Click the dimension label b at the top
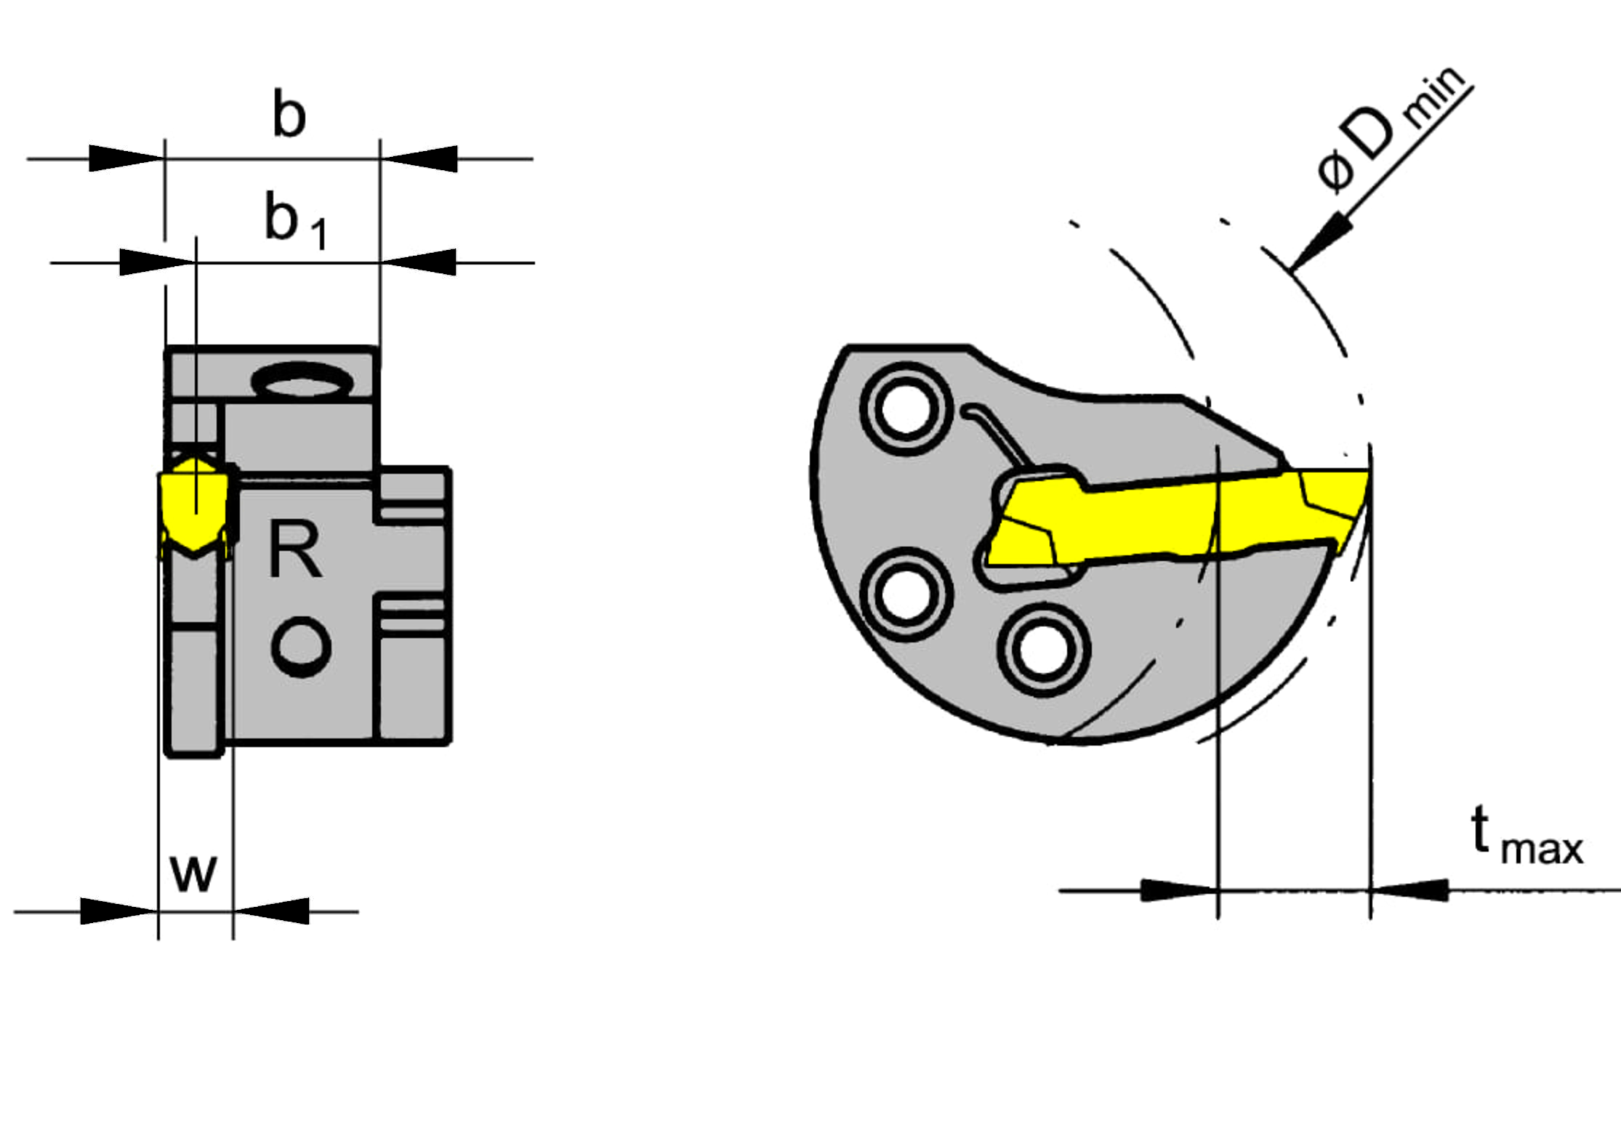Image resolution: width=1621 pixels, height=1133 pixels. point(289,113)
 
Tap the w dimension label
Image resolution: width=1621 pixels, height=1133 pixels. point(193,873)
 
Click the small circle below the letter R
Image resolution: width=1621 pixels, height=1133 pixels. point(301,647)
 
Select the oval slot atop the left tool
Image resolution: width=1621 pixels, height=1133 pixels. point(302,380)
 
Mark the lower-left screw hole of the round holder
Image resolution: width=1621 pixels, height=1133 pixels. point(906,594)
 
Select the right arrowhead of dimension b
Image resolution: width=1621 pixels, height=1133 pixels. point(419,158)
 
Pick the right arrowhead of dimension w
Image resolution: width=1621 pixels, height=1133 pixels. point(271,911)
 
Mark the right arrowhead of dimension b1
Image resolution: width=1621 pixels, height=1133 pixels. point(418,262)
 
